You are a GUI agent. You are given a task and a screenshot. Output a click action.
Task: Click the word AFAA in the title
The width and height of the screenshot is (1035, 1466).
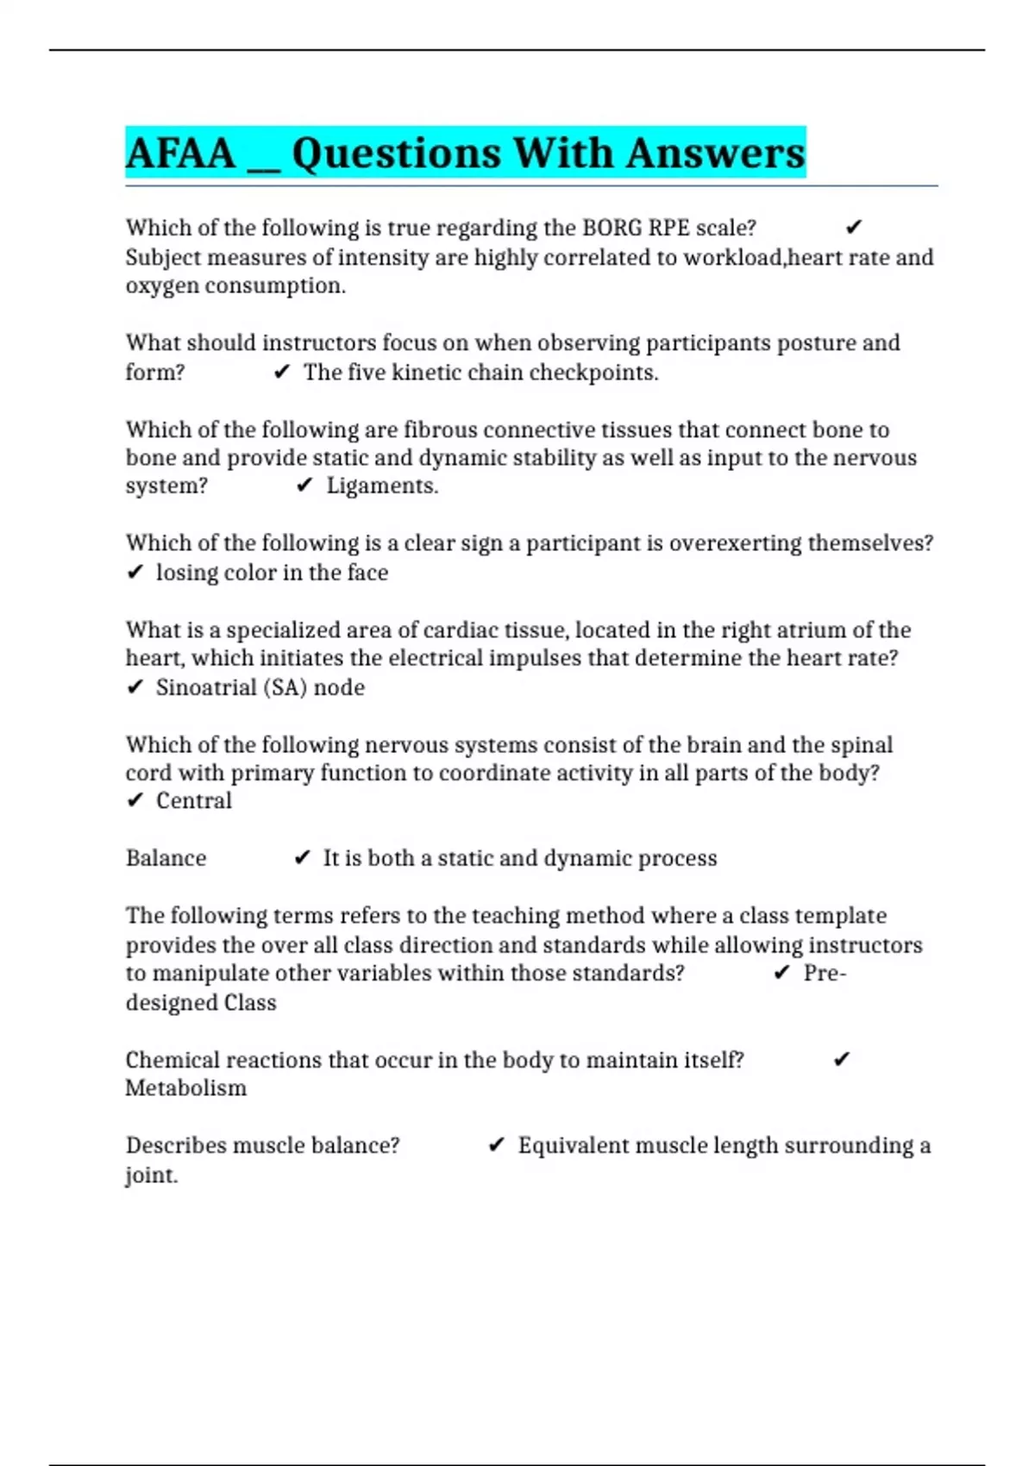180,153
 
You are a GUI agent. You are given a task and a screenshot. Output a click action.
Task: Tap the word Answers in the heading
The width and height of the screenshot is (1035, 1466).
715,153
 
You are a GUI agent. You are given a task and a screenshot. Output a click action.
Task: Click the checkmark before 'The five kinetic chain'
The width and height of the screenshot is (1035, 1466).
281,373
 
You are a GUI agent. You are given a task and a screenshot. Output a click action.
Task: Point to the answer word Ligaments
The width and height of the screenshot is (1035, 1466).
382,486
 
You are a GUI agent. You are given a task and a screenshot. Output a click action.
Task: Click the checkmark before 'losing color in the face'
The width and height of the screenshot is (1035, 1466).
135,573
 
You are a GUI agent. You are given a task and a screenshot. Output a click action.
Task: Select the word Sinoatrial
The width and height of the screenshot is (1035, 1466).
205,687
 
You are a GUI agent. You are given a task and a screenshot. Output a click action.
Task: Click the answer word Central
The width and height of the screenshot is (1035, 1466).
194,801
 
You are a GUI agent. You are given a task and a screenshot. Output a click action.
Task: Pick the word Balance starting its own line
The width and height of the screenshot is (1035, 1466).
166,858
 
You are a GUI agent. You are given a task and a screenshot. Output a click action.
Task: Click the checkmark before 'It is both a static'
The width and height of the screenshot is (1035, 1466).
302,858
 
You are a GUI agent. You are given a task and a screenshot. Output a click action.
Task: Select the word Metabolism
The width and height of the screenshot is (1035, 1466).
186,1088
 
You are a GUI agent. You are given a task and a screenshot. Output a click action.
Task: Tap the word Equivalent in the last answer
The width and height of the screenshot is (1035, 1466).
574,1145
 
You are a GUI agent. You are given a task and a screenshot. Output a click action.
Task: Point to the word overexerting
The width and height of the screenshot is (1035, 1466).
735,543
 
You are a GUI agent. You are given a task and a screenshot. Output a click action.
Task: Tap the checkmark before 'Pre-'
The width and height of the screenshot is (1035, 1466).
781,973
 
